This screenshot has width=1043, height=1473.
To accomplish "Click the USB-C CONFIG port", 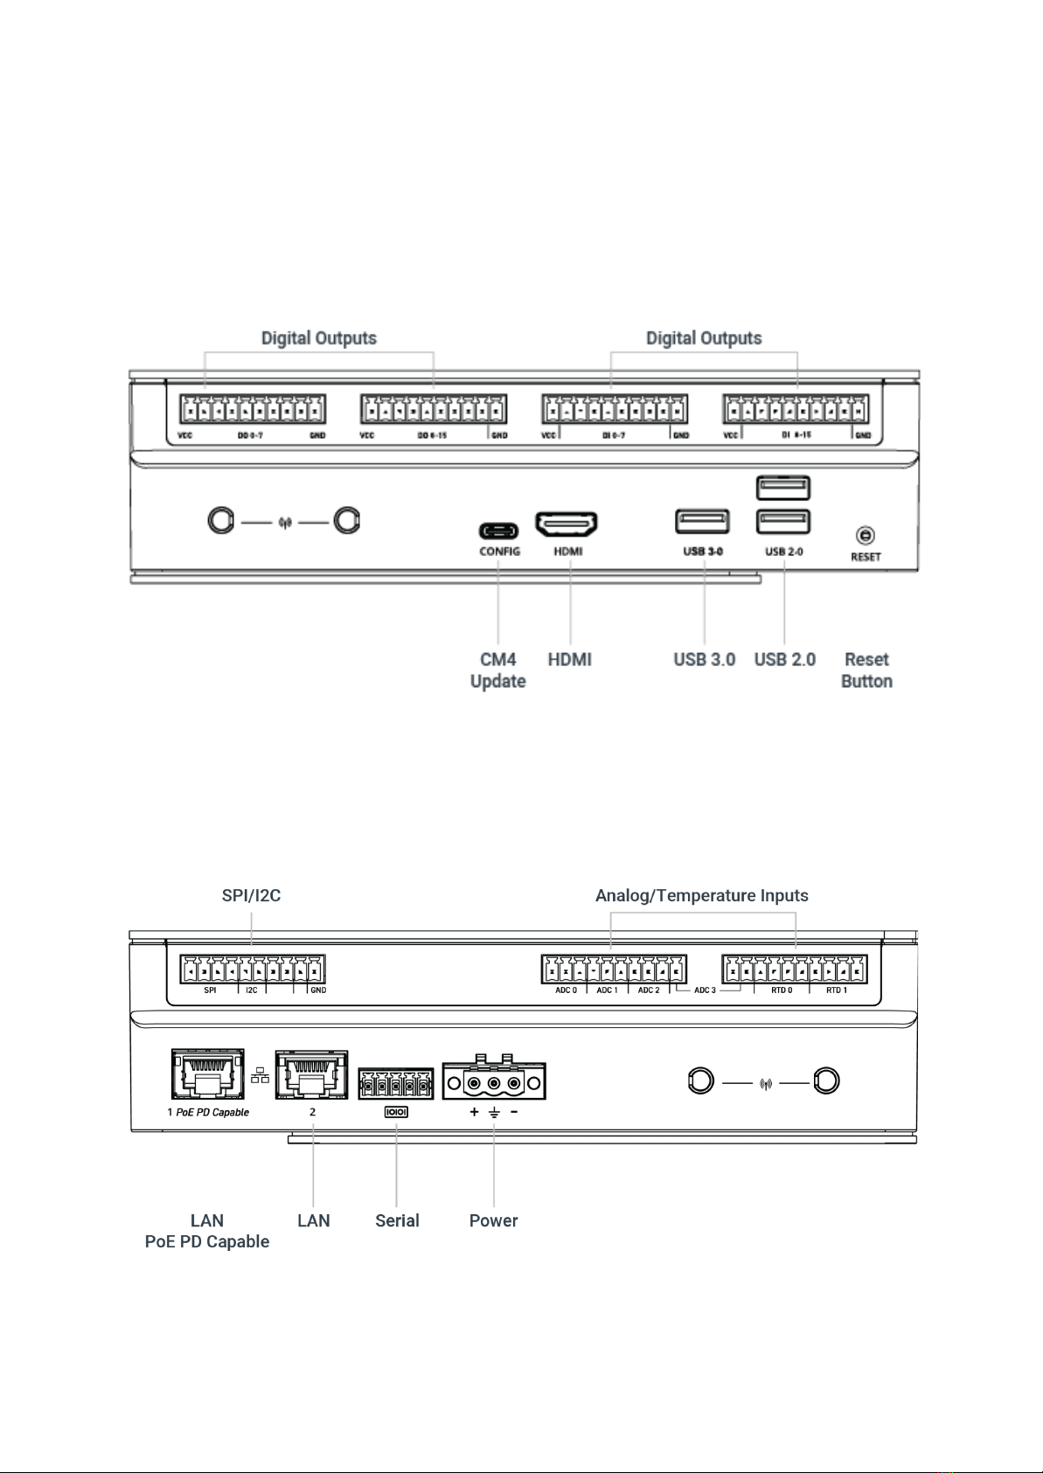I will pos(498,531).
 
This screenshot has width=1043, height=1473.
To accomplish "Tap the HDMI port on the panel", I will pos(567,525).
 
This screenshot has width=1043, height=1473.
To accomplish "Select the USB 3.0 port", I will pos(702,521).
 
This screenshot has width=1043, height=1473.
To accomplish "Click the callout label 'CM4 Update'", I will pos(498,670).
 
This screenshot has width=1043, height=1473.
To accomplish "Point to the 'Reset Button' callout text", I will pos(866,670).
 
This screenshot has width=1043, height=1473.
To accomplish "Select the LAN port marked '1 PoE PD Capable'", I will pos(207,1073).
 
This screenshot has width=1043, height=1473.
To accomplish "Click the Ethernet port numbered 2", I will pos(311,1075).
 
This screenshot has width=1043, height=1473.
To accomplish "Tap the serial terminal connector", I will pos(396,1085).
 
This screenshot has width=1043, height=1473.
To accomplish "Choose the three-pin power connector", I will pos(494,1082).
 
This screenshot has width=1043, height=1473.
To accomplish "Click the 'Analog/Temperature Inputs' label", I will pos(701,895).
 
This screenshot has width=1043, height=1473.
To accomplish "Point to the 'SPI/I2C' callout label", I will pos(251,895).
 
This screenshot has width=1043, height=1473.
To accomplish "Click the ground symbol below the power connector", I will pos(494,1113).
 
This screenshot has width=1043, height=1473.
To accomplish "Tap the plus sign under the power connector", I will pos(474,1113).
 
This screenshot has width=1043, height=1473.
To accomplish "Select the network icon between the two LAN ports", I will pos(260,1076).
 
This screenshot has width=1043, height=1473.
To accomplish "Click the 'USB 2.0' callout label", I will pos(784,659).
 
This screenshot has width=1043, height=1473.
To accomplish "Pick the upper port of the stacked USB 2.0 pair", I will pos(783,488).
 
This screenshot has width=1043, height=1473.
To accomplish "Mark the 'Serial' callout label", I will pos(397,1220).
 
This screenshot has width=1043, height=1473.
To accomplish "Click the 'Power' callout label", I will pos(493,1220).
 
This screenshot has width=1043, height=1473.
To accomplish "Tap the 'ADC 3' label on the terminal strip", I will pos(705,990).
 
